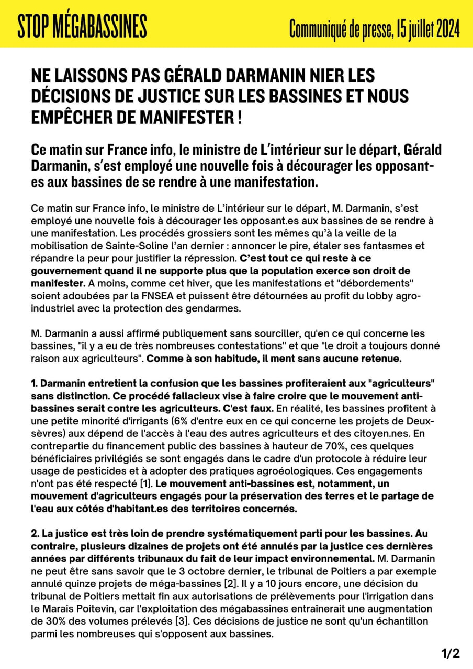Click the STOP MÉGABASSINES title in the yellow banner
tap(82, 26)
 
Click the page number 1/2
tap(451, 653)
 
